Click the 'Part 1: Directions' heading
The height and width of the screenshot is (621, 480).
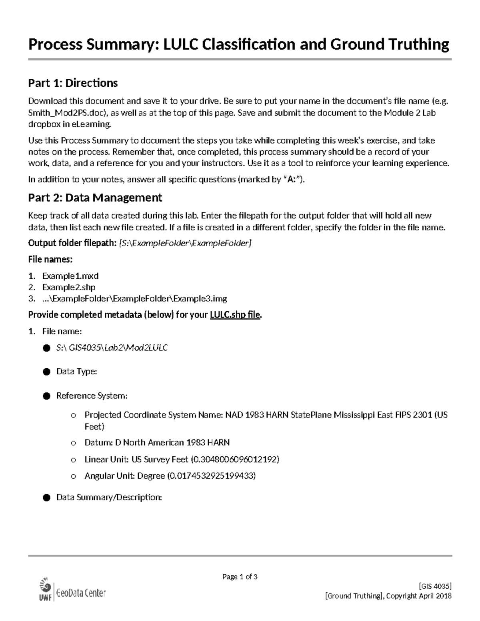click(73, 83)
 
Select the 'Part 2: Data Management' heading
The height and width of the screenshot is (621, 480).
click(95, 198)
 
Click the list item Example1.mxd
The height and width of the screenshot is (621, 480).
click(70, 276)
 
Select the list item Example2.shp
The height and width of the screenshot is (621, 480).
click(69, 287)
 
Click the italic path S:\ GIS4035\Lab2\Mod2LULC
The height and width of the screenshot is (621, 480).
click(112, 348)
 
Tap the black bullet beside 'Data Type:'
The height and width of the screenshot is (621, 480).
click(46, 372)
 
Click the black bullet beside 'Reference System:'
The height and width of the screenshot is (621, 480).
click(46, 396)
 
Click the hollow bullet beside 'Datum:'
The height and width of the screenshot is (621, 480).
click(73, 443)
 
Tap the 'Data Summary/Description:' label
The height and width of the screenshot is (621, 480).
click(109, 497)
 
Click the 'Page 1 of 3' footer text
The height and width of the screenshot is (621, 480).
click(240, 577)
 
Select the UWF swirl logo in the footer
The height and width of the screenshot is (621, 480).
click(45, 586)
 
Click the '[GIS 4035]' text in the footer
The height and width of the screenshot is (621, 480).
click(435, 586)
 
